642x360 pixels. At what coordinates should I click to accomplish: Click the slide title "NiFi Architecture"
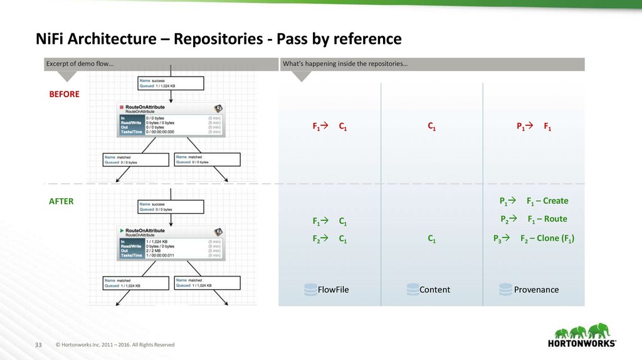tap(100, 39)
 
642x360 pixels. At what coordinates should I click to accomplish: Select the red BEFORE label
tap(65, 94)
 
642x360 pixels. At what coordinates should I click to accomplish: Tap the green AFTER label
tap(61, 201)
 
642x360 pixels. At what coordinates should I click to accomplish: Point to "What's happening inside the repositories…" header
tap(345, 65)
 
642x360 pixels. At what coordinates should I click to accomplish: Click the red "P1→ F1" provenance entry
tap(534, 127)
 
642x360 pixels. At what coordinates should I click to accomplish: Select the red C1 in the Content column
tap(432, 127)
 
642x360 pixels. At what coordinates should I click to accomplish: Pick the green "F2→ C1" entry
tap(330, 239)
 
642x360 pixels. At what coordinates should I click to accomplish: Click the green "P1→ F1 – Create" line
tap(534, 201)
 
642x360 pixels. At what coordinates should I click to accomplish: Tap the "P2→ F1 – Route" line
tap(534, 220)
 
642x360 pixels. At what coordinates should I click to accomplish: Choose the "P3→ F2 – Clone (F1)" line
tap(534, 239)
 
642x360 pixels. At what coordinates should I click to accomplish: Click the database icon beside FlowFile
tap(310, 290)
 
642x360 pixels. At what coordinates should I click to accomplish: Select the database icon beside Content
tap(413, 290)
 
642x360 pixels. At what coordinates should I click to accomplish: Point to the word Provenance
tap(536, 290)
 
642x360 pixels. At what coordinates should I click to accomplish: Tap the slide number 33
tap(38, 345)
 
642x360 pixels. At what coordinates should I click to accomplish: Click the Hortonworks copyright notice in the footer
tap(115, 345)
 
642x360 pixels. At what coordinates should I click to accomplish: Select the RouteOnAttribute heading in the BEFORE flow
tap(144, 107)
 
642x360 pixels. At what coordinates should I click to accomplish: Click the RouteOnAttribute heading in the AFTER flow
tap(144, 231)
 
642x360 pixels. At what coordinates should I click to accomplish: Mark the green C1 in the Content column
tap(432, 239)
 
